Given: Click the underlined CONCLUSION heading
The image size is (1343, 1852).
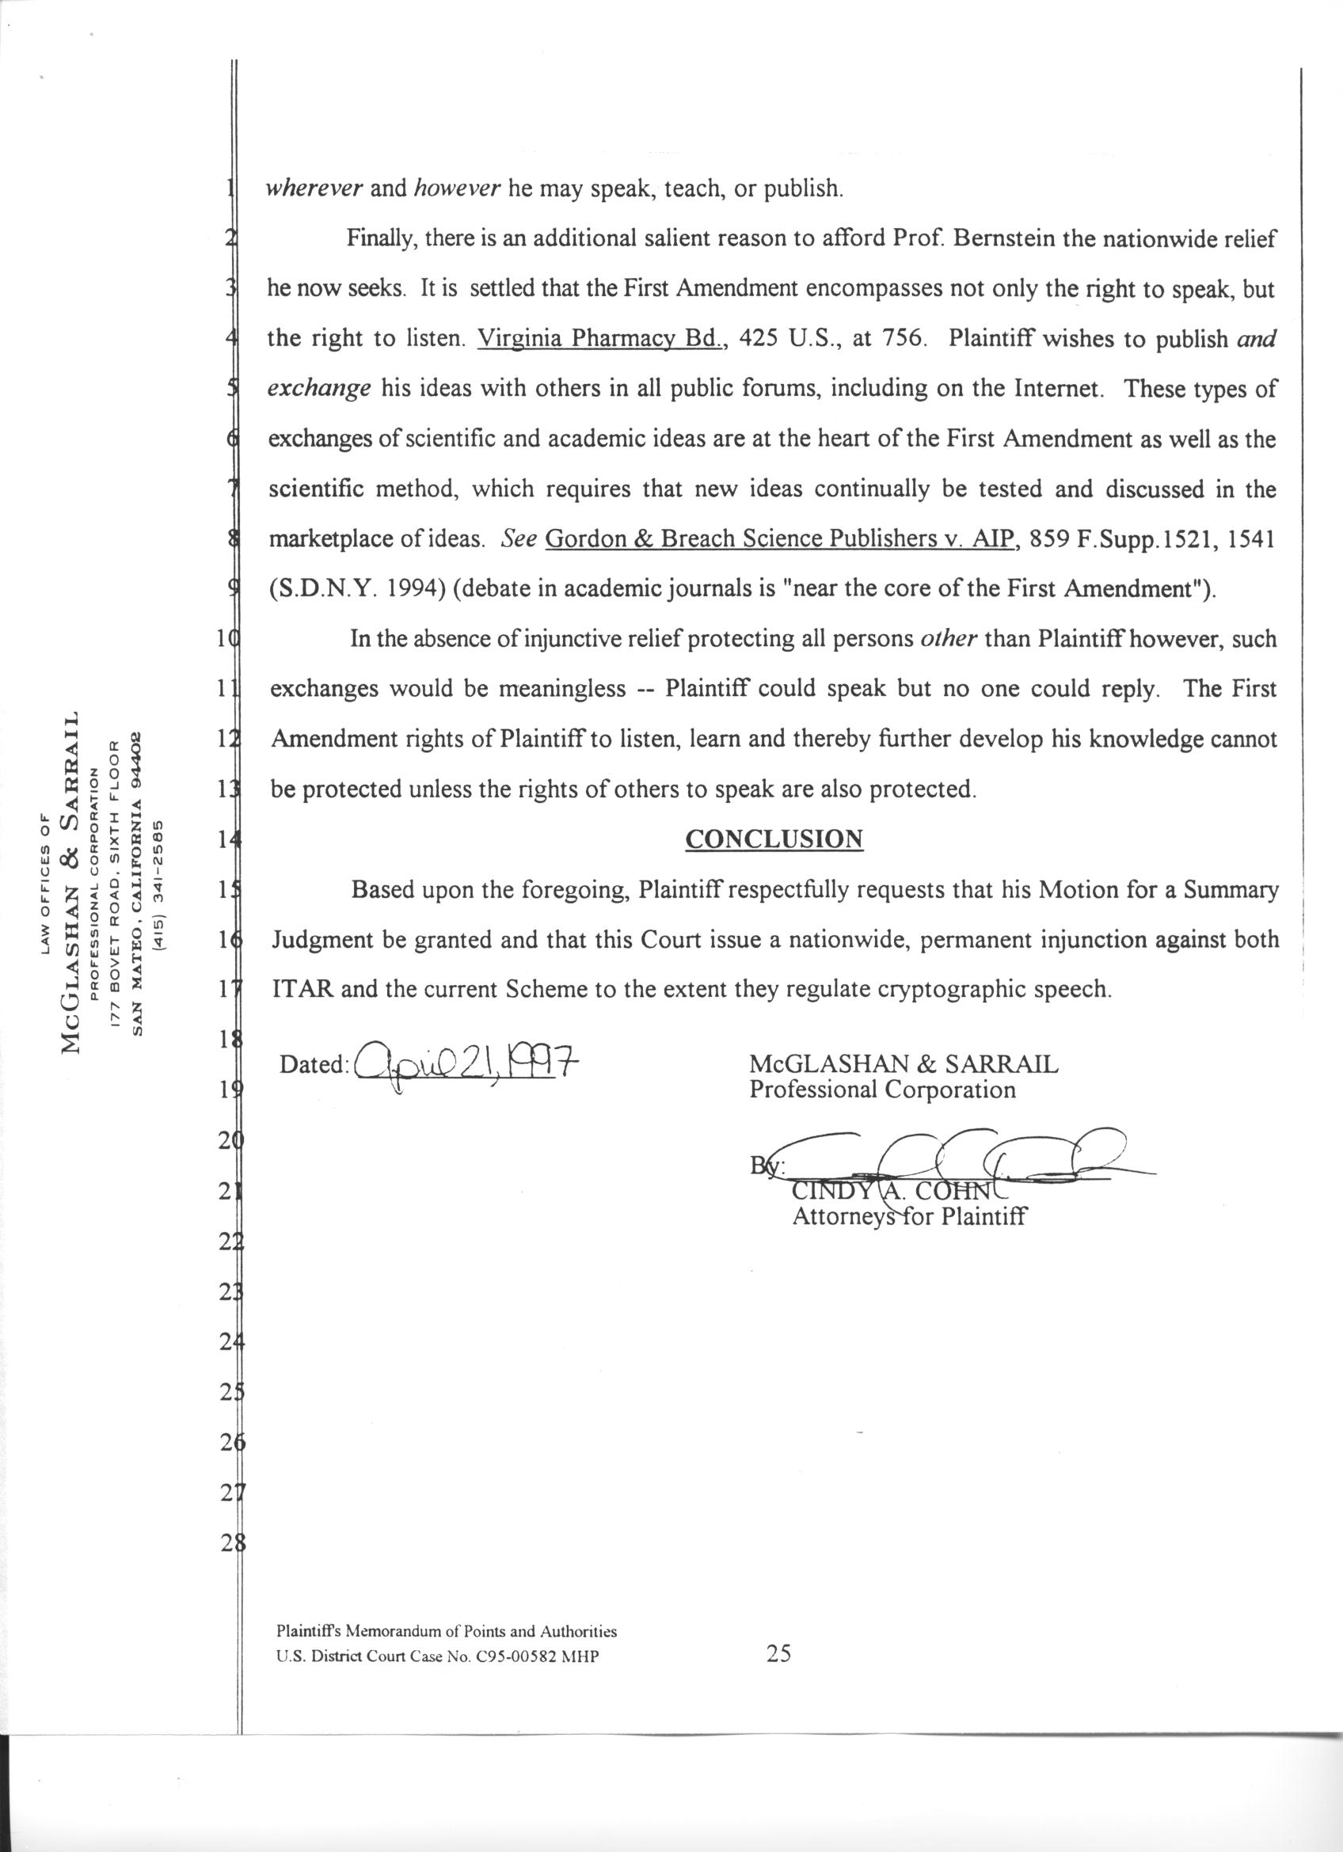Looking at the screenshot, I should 774,839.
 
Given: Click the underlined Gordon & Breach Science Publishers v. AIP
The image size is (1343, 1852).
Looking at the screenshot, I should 782,540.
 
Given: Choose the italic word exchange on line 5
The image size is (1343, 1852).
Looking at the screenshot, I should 319,389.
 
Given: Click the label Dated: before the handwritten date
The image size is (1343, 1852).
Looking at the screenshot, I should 314,1065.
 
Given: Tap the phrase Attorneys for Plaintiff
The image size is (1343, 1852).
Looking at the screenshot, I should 910,1217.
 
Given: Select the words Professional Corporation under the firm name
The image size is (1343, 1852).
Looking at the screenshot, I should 883,1090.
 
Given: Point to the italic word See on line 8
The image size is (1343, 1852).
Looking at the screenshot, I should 518,540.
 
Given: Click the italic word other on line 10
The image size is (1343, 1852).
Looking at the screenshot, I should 948,638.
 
